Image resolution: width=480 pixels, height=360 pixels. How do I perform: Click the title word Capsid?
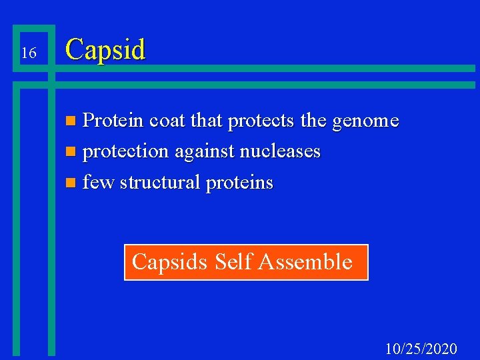105,50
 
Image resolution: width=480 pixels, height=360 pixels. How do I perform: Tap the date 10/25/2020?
421,348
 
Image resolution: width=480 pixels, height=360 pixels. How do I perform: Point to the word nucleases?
281,151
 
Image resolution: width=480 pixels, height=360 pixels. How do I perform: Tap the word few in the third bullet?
98,182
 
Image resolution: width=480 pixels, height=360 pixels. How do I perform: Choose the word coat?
168,121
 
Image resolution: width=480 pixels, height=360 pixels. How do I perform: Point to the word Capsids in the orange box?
170,262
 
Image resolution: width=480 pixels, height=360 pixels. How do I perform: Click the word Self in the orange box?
233,261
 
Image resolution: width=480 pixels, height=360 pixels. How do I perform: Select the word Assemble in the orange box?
305,261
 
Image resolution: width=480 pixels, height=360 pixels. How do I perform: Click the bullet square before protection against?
72,153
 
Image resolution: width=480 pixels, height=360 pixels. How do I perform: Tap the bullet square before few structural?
72,183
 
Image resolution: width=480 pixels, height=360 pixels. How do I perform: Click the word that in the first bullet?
206,121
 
